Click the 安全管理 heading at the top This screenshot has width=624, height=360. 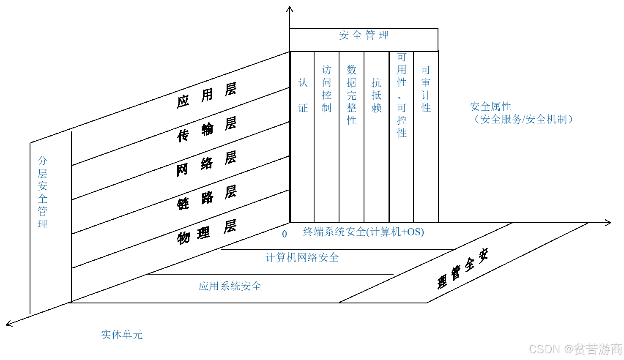click(364, 35)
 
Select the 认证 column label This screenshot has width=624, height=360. click(303, 95)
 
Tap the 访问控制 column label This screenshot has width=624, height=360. click(326, 89)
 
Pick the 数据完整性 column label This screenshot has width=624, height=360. click(351, 95)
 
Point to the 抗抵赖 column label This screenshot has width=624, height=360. click(376, 95)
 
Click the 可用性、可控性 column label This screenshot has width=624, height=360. click(402, 95)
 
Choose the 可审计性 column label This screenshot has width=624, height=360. click(426, 89)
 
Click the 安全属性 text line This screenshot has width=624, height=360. click(490, 106)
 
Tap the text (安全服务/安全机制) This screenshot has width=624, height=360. click(523, 120)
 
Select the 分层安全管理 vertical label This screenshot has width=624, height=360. click(42, 192)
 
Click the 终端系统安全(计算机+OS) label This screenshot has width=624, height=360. click(364, 232)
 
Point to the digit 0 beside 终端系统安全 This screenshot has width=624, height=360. click(285, 234)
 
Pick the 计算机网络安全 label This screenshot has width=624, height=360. click(302, 257)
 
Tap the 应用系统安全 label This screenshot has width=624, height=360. click(230, 286)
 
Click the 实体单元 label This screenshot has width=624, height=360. click(122, 335)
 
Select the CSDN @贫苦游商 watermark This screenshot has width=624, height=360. click(575, 349)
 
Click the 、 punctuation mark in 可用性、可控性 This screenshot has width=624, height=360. click(400, 97)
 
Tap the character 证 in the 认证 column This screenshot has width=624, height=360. click(303, 108)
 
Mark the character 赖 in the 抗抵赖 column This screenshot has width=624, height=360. click(376, 108)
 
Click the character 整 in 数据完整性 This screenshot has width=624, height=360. click(351, 108)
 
